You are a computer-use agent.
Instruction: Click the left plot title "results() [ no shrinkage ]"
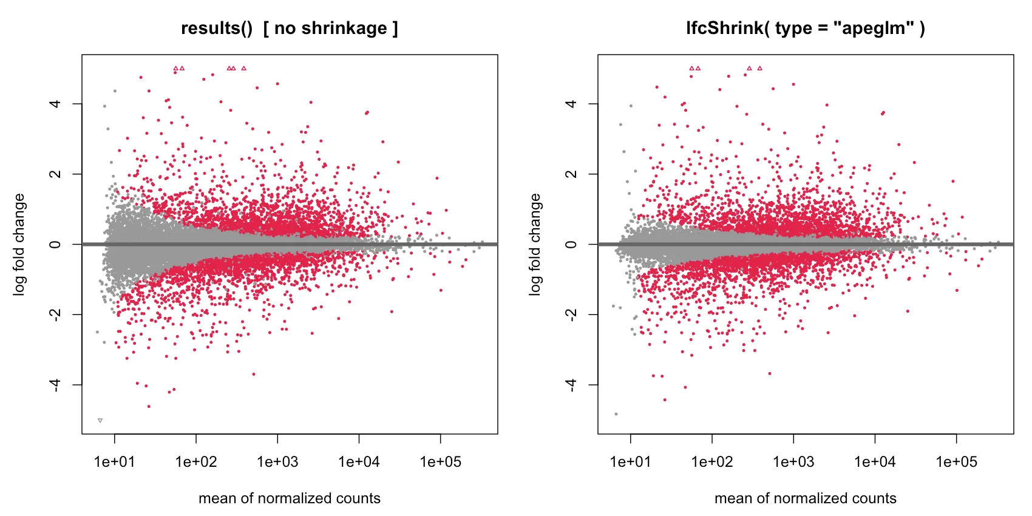[290, 29]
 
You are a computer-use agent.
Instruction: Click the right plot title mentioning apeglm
[806, 29]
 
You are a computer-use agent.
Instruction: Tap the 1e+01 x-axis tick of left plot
[114, 461]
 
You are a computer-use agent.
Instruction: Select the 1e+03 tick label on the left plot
[277, 461]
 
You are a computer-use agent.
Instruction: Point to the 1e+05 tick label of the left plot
[441, 461]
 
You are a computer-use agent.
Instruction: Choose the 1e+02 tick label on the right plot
[712, 461]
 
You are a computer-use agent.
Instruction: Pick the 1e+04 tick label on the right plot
[875, 461]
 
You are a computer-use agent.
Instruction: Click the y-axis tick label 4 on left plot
[55, 104]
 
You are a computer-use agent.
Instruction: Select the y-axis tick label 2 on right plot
[571, 174]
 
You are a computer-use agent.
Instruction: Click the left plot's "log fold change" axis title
[19, 244]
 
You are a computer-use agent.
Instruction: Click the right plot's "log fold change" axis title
[535, 244]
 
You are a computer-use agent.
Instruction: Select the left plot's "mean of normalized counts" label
[290, 498]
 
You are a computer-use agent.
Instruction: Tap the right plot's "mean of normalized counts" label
[806, 498]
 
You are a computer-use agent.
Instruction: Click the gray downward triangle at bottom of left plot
[100, 420]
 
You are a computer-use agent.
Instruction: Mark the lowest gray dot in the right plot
[616, 414]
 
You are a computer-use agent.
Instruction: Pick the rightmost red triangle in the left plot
[243, 68]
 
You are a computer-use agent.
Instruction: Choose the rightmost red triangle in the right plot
[759, 68]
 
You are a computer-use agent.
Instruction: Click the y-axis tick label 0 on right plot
[571, 244]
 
